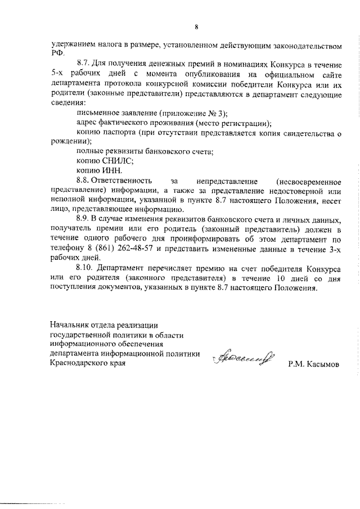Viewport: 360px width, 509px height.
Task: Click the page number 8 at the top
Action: [197, 26]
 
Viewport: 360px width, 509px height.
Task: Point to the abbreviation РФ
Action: [56, 52]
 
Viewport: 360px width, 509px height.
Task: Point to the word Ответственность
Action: [122, 181]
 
